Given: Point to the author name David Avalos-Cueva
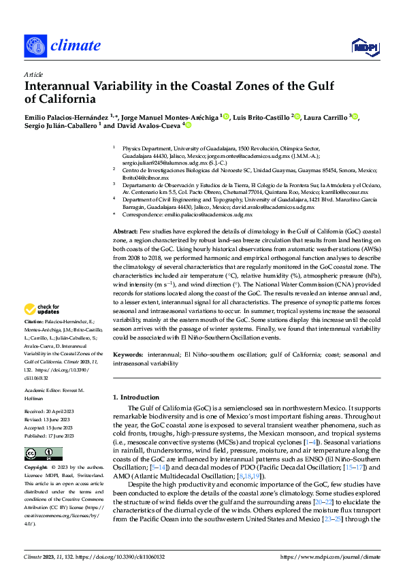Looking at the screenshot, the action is click(x=151, y=126).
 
